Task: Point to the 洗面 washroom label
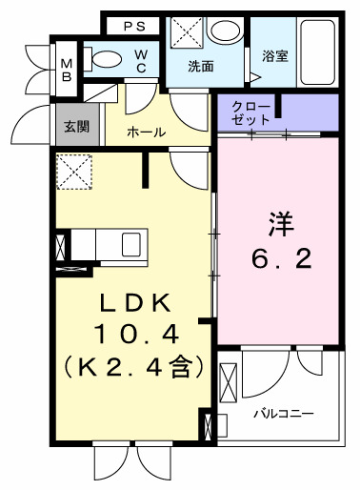coord(200,67)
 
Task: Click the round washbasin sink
coord(225,31)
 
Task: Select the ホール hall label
coord(146,132)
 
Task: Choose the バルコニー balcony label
coord(285,414)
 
